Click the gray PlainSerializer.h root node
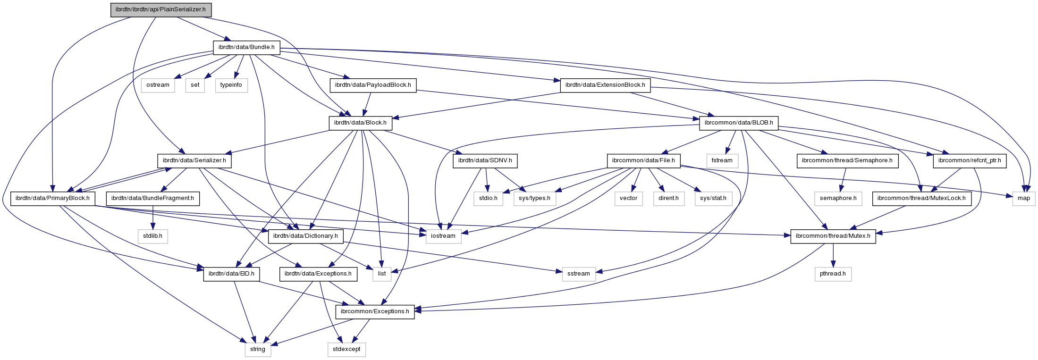pos(161,10)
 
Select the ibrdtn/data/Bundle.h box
pos(246,47)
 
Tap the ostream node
pos(158,85)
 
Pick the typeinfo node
pos(231,85)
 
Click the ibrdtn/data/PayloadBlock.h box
pos(373,85)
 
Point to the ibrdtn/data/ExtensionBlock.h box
pos(605,85)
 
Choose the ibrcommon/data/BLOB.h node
pos(739,123)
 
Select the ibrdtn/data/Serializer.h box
pos(194,160)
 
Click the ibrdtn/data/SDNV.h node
pos(485,160)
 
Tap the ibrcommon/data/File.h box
pos(643,160)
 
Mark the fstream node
pos(722,160)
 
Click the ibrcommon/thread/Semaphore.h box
pos(847,160)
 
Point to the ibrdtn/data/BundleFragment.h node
pos(152,198)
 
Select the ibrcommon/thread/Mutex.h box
pos(833,236)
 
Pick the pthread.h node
pos(833,274)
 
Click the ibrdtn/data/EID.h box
pos(232,274)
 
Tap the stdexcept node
pos(346,349)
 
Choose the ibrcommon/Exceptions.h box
pos(375,311)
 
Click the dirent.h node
pos(668,198)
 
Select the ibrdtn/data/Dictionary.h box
pos(306,236)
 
